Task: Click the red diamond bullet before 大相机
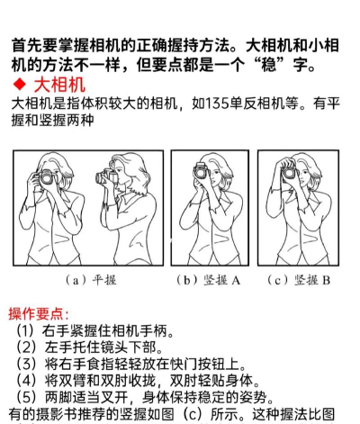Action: pyautogui.click(x=20, y=85)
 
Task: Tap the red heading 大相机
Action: pyautogui.click(x=59, y=85)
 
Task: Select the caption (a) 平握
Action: pyautogui.click(x=91, y=280)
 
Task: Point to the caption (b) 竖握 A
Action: pyautogui.click(x=209, y=280)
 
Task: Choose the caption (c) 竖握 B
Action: pyautogui.click(x=299, y=280)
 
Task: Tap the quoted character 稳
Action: pyautogui.click(x=268, y=65)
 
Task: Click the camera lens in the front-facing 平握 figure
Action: pyautogui.click(x=47, y=177)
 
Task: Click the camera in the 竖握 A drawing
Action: pyautogui.click(x=201, y=171)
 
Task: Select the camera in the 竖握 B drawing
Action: pyautogui.click(x=289, y=172)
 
